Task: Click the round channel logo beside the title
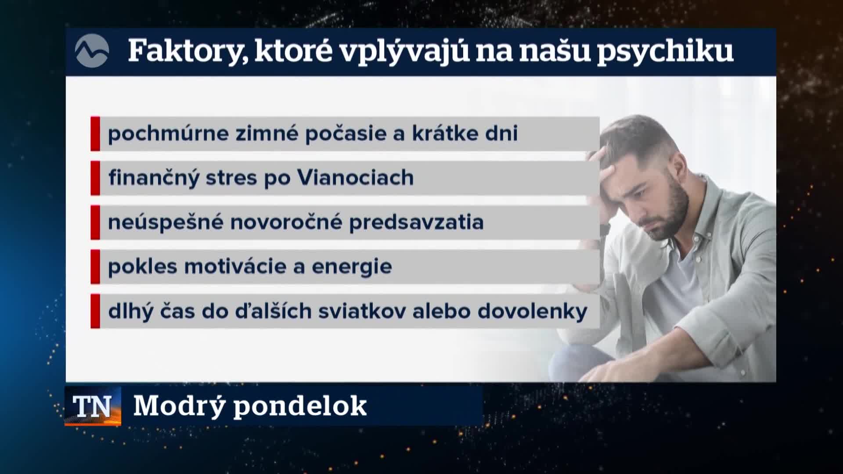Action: [92, 50]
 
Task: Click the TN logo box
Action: [93, 406]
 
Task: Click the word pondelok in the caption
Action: [300, 406]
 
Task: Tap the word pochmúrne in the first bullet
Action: [168, 134]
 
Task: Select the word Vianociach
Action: [355, 178]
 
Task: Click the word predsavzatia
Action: [416, 223]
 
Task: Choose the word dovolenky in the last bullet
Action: [532, 311]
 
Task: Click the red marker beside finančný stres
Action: [95, 178]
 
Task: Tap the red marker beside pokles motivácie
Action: [95, 267]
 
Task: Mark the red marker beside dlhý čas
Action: [95, 311]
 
